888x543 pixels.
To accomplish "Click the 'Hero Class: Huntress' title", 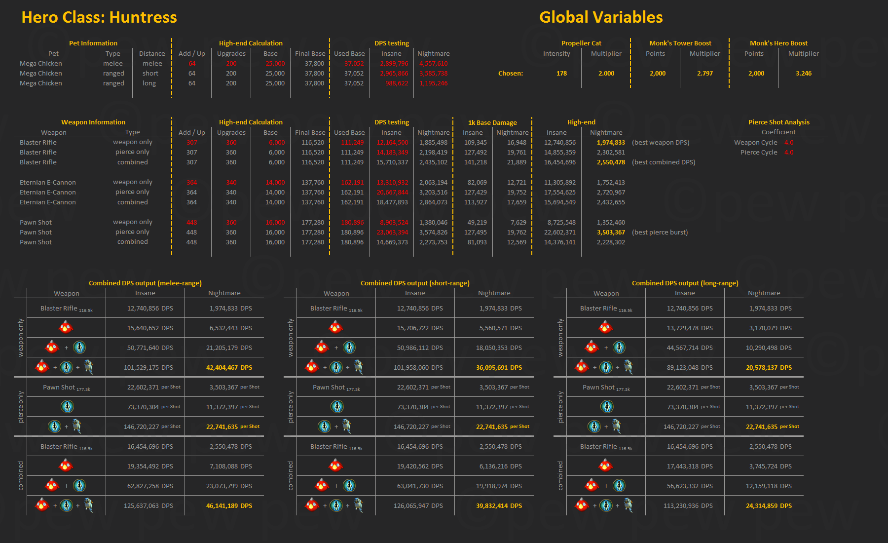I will coord(99,18).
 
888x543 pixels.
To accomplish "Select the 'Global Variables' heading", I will coord(600,18).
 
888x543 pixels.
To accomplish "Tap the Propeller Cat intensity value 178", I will coord(561,74).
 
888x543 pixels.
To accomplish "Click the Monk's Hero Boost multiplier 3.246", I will coord(803,74).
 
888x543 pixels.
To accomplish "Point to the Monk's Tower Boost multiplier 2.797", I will coord(704,74).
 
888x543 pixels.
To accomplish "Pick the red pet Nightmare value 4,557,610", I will coord(433,64).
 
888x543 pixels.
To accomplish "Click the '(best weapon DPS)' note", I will coord(660,143).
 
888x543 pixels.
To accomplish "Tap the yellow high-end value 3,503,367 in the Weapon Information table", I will coord(611,233).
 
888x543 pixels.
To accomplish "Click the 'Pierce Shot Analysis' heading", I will coord(778,122).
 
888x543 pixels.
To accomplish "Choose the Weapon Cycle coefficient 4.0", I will coord(789,143).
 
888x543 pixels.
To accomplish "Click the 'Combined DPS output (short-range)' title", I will coord(415,283).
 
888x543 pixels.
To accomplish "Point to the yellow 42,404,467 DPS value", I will coord(229,368).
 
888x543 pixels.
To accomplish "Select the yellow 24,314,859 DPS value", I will coord(769,506).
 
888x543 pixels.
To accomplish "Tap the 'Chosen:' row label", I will coord(511,74).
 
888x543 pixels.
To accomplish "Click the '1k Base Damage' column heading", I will coord(492,123).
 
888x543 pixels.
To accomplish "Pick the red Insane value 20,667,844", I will coord(392,193).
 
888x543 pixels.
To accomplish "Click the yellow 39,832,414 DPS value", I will coord(499,506).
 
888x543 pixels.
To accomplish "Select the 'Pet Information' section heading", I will coord(93,43).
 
